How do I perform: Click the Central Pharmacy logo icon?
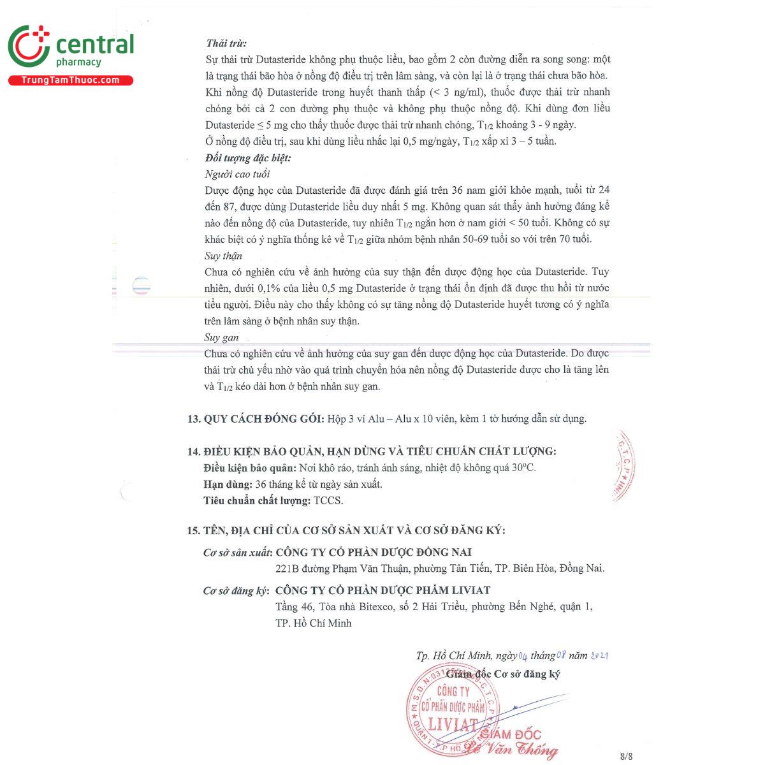[29, 46]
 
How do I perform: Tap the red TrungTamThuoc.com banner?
[70, 80]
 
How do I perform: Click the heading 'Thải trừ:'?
[226, 43]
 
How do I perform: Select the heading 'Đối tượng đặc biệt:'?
[247, 157]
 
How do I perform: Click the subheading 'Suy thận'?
[223, 256]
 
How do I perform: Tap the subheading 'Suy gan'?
[221, 337]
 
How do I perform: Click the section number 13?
[193, 419]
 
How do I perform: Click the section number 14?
[193, 451]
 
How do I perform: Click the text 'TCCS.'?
[328, 501]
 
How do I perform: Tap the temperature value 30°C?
[525, 468]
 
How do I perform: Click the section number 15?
[193, 530]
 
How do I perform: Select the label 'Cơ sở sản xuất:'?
[238, 553]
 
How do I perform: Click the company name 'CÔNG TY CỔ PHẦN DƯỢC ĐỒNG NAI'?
[374, 552]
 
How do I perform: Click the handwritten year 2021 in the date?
[599, 655]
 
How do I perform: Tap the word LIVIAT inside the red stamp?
[453, 725]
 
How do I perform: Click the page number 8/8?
[625, 757]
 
